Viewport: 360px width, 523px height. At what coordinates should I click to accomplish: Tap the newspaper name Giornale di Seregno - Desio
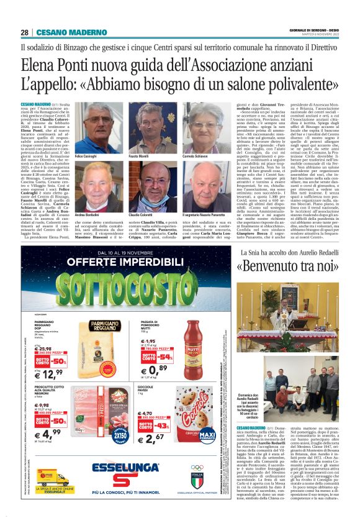pos(315,30)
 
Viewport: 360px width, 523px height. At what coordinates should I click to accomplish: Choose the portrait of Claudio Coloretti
pos(154,186)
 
